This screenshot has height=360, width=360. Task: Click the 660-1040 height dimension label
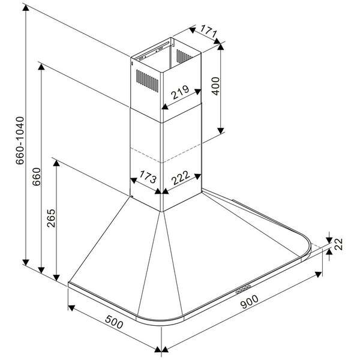pos(20,140)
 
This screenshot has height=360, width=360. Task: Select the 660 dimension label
pos(36,177)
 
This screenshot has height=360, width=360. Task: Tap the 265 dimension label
pos(51,218)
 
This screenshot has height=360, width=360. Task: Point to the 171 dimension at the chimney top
pos(208,32)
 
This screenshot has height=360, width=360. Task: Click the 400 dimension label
pos(215,86)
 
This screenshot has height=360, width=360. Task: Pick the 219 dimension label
pos(180,92)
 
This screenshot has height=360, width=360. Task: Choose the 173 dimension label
pos(148,177)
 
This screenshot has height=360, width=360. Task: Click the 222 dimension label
pos(181,178)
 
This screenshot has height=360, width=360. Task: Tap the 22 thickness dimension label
pos(338,244)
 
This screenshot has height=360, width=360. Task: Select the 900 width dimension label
pos(249,302)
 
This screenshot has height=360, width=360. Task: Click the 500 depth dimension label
pos(114,322)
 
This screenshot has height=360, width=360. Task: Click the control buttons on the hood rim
pos(243,289)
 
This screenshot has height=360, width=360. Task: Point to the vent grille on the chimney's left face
pos(147,81)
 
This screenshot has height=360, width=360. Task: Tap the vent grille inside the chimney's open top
pos(184,56)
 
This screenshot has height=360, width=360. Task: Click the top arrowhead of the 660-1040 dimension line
pos(26,8)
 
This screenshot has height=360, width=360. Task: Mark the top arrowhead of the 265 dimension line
pos(56,163)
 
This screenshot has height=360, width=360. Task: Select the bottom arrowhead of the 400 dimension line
pos(221,131)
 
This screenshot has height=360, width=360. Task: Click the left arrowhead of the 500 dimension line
pos(71,308)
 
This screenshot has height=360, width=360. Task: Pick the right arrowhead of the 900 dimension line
pos(318,274)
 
